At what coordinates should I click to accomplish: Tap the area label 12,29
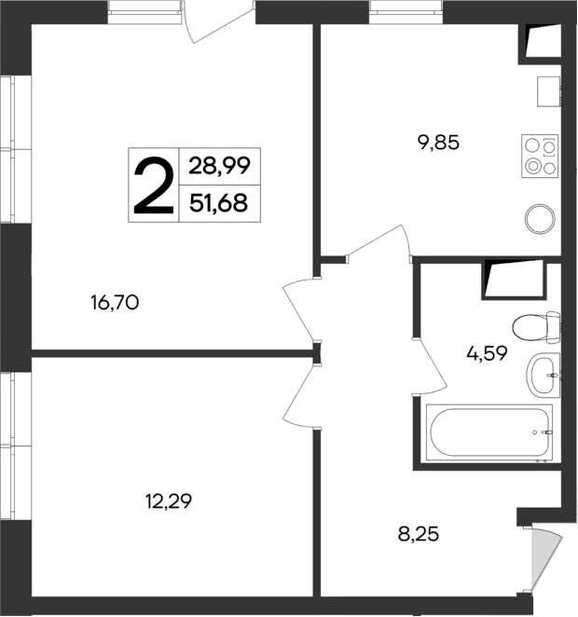coord(168,501)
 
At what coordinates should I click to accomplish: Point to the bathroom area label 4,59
coord(486,353)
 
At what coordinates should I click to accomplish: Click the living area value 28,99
coord(219,167)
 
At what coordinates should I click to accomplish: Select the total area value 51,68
coord(219,202)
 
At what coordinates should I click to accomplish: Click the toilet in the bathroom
coord(536,328)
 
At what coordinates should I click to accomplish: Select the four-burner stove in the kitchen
coord(541,156)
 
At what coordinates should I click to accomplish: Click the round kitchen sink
coord(541,220)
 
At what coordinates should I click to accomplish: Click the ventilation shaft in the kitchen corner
coord(541,41)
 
